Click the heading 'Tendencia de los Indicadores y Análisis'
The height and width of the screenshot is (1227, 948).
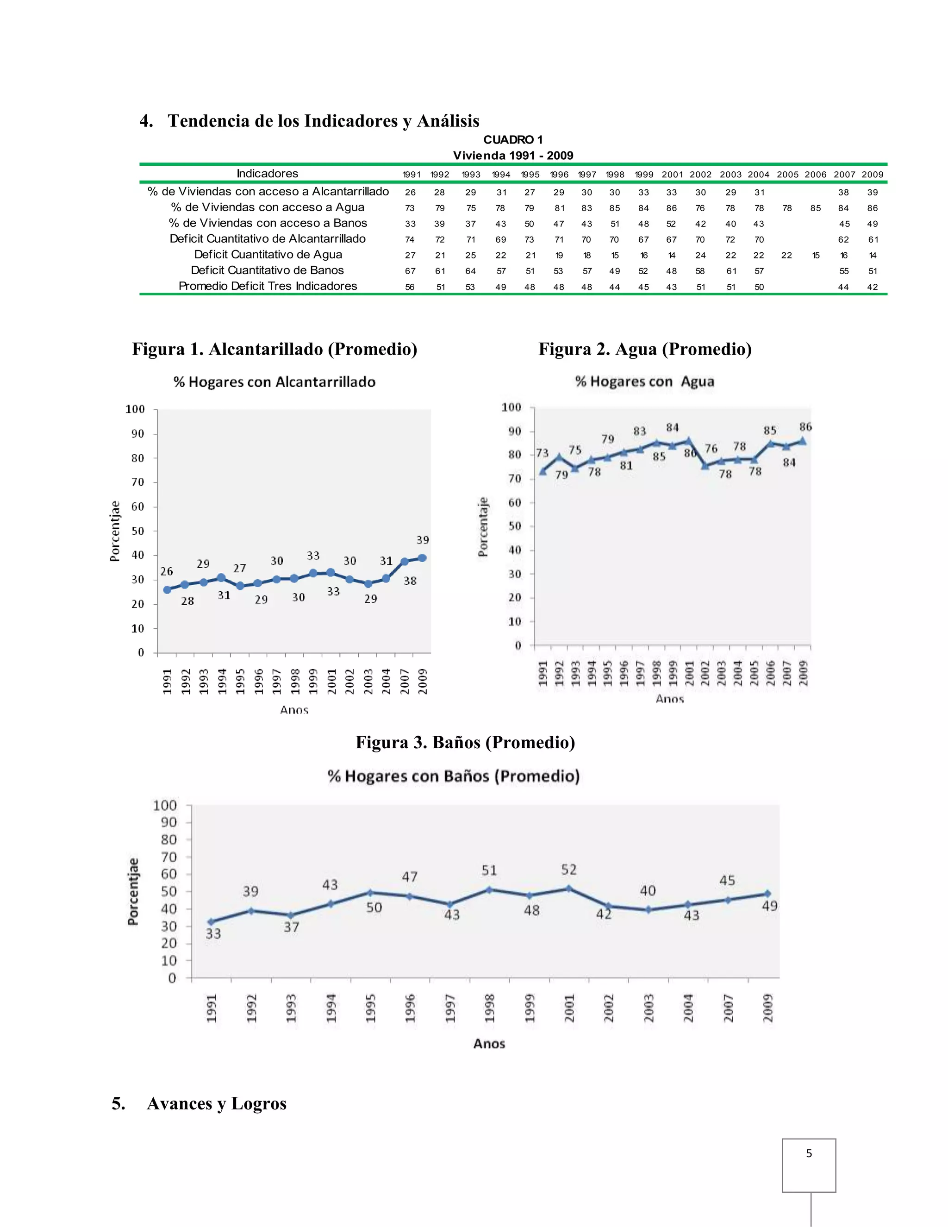coord(323,121)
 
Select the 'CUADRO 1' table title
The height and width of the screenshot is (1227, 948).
coord(513,140)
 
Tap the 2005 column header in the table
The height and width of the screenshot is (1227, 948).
coord(787,175)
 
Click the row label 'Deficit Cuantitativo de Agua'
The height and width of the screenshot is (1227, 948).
coord(268,255)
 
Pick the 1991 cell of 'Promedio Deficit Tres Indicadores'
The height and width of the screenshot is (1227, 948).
coord(410,287)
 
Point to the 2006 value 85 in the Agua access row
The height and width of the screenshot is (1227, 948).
coord(816,208)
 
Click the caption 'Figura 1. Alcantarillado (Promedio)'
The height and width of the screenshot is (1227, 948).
coord(274,349)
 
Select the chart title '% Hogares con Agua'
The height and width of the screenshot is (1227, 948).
coord(644,382)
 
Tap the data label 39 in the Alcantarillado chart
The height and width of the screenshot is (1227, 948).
coord(422,540)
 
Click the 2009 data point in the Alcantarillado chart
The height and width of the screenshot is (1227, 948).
coord(422,558)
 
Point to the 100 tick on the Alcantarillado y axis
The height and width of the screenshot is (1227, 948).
coord(135,409)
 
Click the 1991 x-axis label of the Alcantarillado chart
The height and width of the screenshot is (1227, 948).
coord(167,681)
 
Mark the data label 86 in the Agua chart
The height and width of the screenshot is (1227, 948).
coord(805,427)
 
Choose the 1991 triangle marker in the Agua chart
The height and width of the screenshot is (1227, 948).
coord(543,471)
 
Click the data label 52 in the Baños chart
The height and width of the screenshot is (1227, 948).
coord(568,870)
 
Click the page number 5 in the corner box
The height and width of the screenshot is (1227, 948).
coord(809,1153)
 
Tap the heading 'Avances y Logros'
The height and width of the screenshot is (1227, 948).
coord(216,1103)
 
